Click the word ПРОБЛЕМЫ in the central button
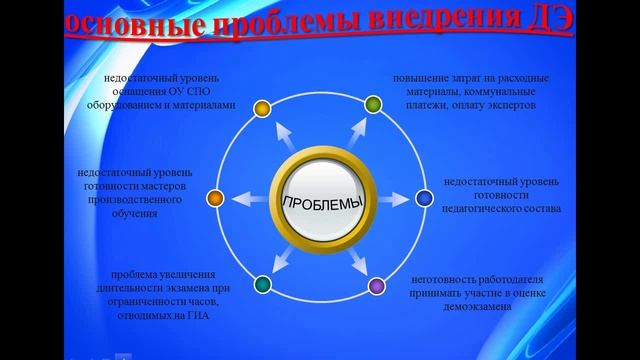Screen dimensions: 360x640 318,203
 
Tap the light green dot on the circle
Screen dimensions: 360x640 372,102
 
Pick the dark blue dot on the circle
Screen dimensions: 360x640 424,198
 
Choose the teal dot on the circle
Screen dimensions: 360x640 262,287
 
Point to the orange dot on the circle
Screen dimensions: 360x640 213,197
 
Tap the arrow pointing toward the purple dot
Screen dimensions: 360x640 360,263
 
